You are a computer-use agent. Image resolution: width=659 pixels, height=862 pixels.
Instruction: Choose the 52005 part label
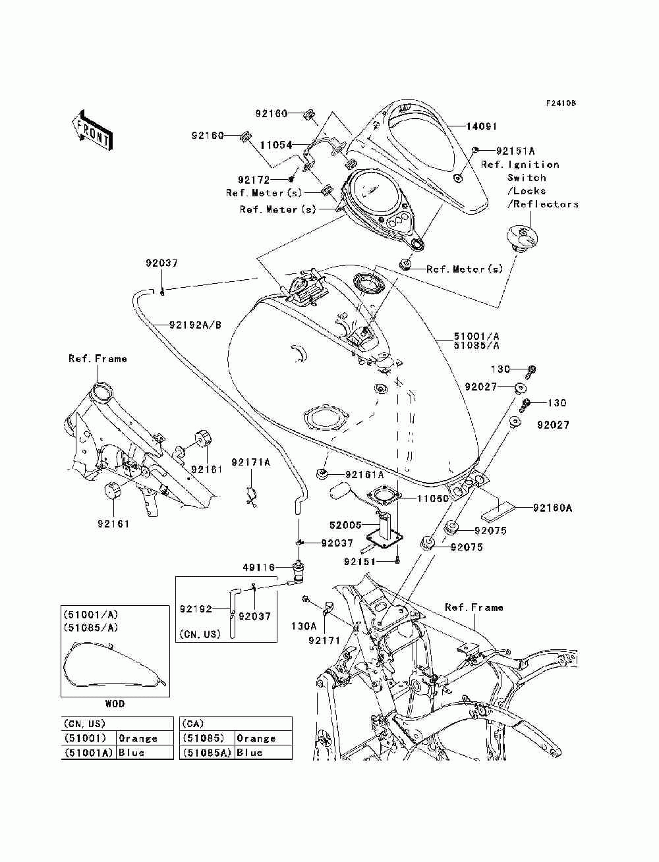[345, 525]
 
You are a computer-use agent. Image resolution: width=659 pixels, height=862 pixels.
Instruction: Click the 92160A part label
[552, 508]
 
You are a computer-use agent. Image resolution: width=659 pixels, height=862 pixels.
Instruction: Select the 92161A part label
[364, 474]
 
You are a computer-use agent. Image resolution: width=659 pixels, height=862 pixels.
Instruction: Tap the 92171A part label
[250, 462]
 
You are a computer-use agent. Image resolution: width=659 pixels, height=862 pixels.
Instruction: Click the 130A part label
[304, 626]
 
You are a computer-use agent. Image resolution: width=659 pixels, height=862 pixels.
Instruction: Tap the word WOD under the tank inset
[115, 703]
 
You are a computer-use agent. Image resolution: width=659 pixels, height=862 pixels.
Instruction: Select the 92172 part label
[254, 178]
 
